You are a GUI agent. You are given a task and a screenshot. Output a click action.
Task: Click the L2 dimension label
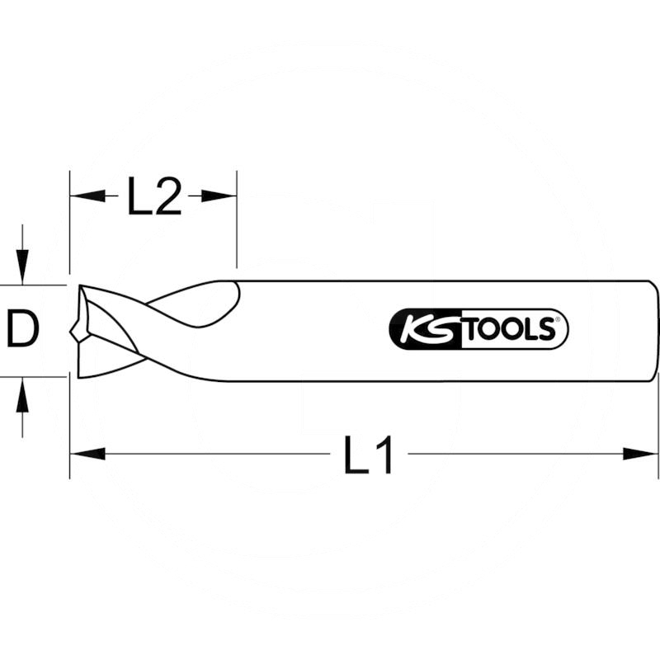[153, 197]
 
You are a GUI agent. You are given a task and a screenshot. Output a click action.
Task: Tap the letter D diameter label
[23, 331]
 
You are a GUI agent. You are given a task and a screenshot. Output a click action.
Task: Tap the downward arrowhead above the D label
[23, 268]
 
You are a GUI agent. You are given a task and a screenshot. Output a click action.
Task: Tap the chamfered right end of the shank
[655, 331]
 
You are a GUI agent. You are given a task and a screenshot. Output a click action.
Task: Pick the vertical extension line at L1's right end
[658, 429]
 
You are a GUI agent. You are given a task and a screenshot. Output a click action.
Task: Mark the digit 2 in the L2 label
[167, 197]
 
